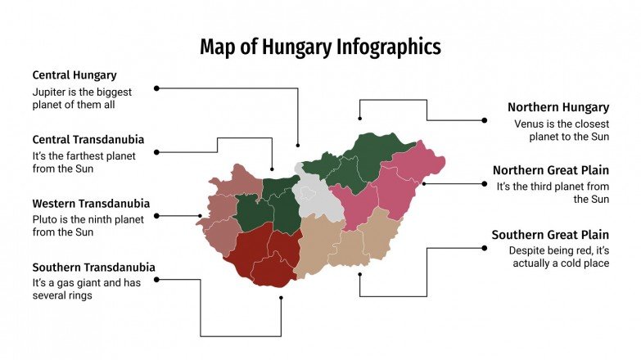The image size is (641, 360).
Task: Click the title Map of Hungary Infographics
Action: pyautogui.click(x=320, y=47)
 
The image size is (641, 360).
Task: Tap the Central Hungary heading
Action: pyautogui.click(x=74, y=75)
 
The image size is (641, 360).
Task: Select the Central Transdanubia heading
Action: pyautogui.click(x=88, y=139)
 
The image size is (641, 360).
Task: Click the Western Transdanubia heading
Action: pyautogui.click(x=91, y=203)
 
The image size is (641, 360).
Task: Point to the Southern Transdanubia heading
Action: pyautogui.click(x=93, y=267)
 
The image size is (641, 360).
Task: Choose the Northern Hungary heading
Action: pyautogui.click(x=557, y=107)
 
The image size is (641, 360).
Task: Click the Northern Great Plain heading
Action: pyautogui.click(x=550, y=170)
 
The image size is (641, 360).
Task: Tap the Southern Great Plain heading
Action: pyautogui.click(x=550, y=235)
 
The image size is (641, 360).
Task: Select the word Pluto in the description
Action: pyautogui.click(x=46, y=219)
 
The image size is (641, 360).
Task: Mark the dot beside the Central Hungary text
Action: pyautogui.click(x=156, y=88)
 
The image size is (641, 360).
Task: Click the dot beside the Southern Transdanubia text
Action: pyautogui.click(x=156, y=279)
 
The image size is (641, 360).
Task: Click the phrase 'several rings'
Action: pyautogui.click(x=62, y=295)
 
